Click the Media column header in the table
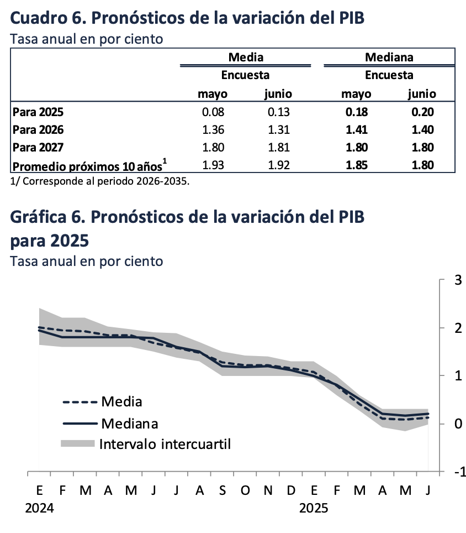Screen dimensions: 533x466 [x=246, y=57]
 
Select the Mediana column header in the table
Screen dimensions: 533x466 [x=389, y=57]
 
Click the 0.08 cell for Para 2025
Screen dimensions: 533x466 [x=213, y=112]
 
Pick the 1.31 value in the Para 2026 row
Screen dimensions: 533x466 [x=279, y=130]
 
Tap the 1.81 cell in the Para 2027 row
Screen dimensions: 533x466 [x=279, y=148]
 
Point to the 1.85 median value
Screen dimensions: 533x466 [x=357, y=165]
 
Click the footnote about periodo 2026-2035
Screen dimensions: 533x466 [x=100, y=181]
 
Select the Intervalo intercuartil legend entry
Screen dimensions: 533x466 [x=165, y=443]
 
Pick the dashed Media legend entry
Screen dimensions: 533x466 [x=121, y=402]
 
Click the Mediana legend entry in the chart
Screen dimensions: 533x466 [x=129, y=424]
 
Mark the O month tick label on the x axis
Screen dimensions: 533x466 [x=245, y=491]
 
